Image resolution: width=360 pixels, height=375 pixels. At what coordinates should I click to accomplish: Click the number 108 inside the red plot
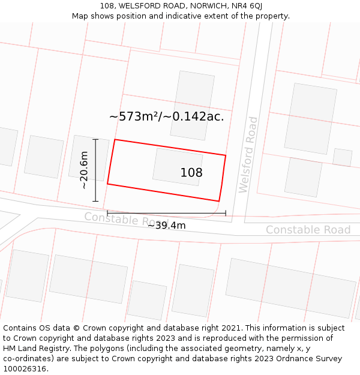[191, 173]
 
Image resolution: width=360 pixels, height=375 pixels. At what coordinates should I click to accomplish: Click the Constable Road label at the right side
[308, 230]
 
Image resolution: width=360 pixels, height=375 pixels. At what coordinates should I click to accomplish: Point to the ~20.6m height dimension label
[85, 170]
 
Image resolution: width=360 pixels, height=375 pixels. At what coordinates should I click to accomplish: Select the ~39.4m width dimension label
[166, 225]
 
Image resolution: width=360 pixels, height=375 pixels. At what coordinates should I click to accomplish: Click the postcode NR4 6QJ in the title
[247, 6]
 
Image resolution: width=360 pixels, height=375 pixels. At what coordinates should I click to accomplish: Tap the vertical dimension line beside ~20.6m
[95, 170]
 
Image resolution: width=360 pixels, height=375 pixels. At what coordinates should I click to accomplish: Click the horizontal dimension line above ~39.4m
[166, 212]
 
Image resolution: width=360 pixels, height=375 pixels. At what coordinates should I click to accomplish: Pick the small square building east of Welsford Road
[342, 157]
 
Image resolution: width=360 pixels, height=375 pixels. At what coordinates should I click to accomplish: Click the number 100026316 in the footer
[25, 369]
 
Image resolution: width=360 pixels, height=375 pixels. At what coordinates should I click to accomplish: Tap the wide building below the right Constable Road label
[290, 287]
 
